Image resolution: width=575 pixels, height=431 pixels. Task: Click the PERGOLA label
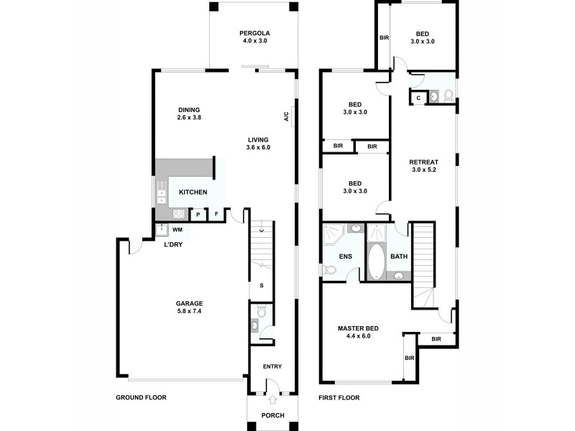click(x=255, y=33)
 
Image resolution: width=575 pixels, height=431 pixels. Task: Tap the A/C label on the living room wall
click(x=286, y=116)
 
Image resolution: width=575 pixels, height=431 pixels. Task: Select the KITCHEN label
click(x=193, y=193)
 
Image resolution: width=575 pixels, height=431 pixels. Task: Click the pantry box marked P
click(x=198, y=214)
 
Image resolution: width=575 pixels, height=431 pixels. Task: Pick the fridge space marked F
click(x=216, y=214)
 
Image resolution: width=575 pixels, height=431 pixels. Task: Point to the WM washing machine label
click(x=177, y=230)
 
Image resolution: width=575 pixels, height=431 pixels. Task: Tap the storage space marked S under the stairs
click(x=262, y=286)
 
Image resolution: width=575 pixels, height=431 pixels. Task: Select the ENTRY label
click(x=272, y=367)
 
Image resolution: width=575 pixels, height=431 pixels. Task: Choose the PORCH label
click(x=272, y=415)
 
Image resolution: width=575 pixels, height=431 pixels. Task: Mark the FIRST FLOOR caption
click(x=339, y=397)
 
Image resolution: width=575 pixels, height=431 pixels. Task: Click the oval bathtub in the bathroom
click(x=377, y=263)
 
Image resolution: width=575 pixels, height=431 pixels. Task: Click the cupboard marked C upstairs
click(x=418, y=98)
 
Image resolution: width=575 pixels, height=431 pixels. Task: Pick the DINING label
click(x=189, y=110)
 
